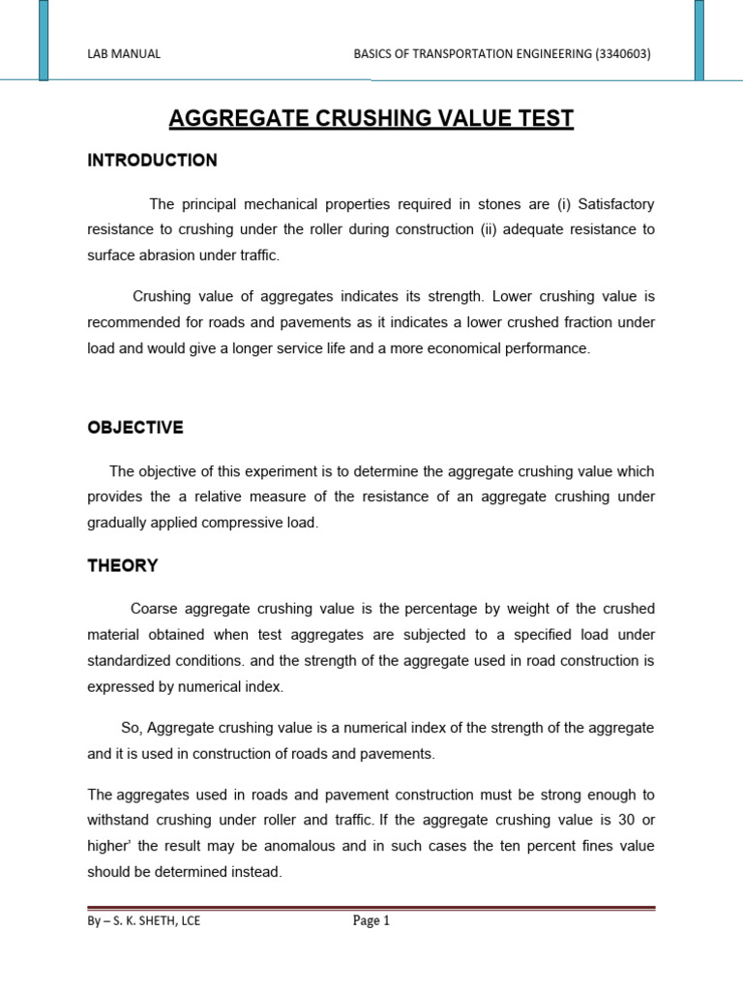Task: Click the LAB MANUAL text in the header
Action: pyautogui.click(x=124, y=54)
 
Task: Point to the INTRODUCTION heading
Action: pyautogui.click(x=152, y=161)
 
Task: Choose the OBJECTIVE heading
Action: pyautogui.click(x=134, y=428)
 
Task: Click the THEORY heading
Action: pyautogui.click(x=123, y=566)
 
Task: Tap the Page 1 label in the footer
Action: pyautogui.click(x=371, y=921)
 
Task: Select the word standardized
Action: pyautogui.click(x=131, y=660)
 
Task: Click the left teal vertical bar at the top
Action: pyautogui.click(x=45, y=39)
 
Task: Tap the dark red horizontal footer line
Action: pyautogui.click(x=371, y=908)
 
